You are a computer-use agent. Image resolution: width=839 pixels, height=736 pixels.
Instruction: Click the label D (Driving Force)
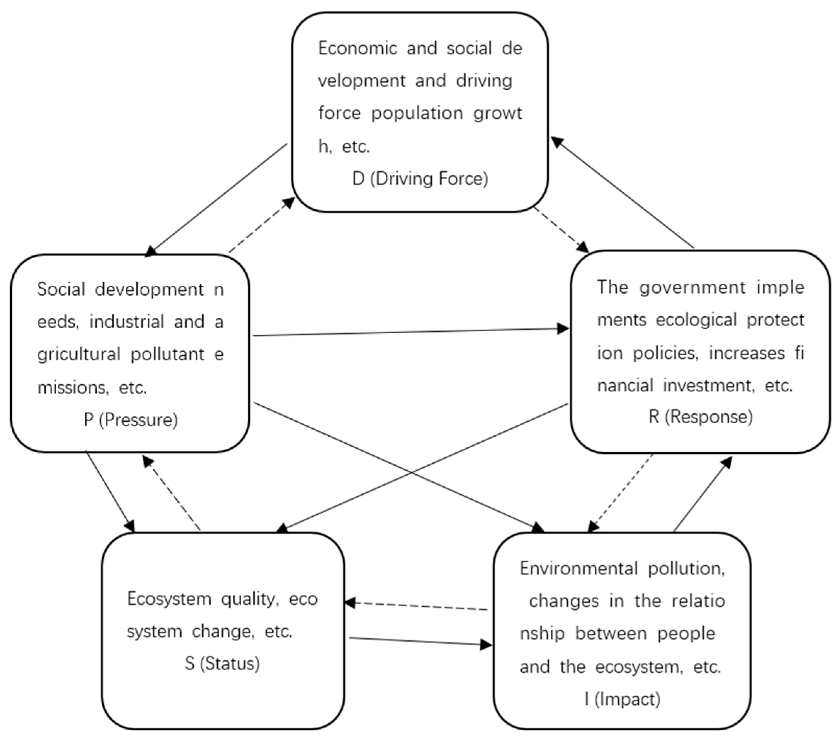pos(420,179)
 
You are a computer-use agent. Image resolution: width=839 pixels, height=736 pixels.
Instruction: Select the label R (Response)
pos(700,417)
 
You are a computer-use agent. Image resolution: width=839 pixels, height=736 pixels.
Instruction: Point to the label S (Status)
pos(222,663)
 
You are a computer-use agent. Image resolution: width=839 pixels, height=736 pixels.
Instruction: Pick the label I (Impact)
pos(622,699)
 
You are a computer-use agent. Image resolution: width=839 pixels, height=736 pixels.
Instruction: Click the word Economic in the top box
pos(357,49)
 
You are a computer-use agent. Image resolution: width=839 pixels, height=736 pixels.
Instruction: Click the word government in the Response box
pos(692,287)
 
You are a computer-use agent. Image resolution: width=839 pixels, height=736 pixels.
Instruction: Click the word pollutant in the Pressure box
pos(168,354)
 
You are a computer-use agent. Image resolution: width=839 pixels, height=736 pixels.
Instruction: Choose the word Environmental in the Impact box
pos(578,568)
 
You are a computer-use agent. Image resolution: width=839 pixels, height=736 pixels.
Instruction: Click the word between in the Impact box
pos(611,633)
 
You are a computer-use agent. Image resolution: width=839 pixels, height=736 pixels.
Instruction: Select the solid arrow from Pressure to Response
pos(410,332)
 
